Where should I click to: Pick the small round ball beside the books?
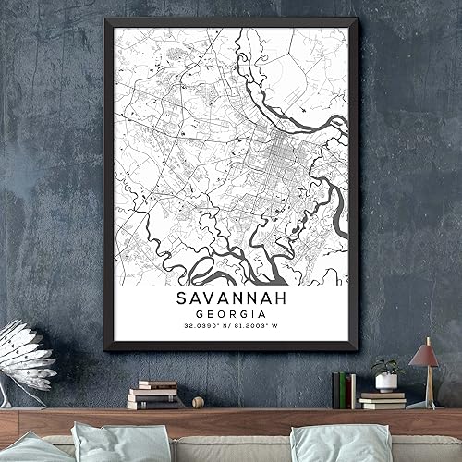click(x=197, y=402)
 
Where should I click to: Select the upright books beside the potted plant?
click(x=344, y=390)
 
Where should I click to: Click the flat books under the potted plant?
click(x=383, y=399)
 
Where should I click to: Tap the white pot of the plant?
click(x=386, y=382)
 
